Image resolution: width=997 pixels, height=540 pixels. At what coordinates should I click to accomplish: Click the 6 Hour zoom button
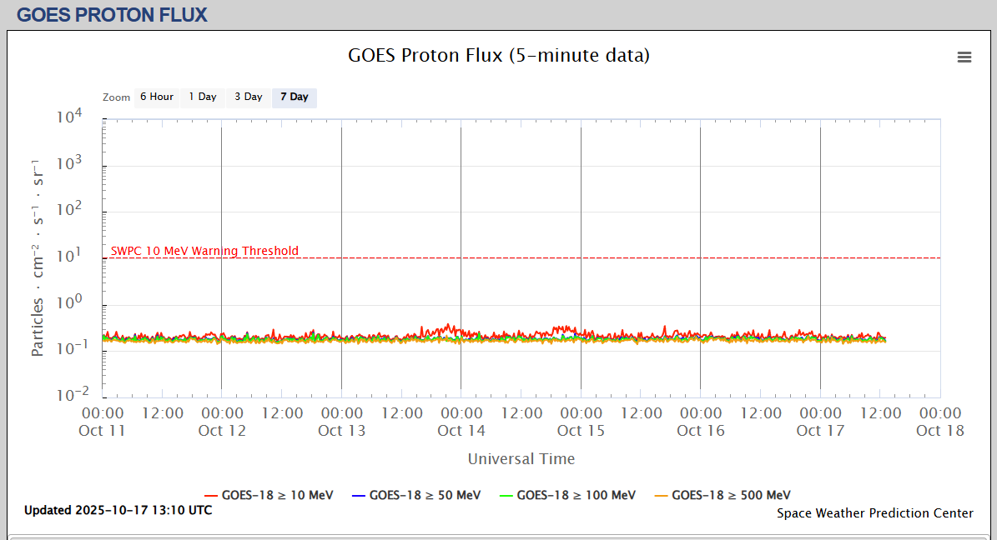click(x=156, y=97)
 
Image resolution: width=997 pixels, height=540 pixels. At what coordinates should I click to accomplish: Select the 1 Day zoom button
click(x=202, y=97)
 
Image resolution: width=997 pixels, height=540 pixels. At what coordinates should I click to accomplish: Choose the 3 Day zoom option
click(x=248, y=97)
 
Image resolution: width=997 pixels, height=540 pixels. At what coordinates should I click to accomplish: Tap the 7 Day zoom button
click(x=294, y=97)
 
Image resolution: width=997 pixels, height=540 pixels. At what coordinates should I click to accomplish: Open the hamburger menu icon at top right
click(x=964, y=57)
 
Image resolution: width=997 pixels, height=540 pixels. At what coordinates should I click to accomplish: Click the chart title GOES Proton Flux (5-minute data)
click(x=498, y=56)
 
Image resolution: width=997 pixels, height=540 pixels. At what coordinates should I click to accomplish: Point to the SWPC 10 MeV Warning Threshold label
click(x=204, y=251)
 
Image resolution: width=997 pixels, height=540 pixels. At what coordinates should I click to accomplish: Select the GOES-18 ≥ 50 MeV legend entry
click(x=416, y=495)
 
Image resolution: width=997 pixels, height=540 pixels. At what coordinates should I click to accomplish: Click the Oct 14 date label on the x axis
click(x=461, y=430)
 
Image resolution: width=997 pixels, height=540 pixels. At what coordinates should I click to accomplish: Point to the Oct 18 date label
click(x=939, y=430)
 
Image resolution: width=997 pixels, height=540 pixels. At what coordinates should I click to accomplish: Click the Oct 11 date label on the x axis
click(x=103, y=430)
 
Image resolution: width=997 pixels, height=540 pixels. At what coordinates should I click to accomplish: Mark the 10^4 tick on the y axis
click(x=69, y=117)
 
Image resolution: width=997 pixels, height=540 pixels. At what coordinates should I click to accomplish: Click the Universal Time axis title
click(x=521, y=458)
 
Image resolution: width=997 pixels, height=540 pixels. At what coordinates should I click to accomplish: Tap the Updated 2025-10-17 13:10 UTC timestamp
click(x=118, y=510)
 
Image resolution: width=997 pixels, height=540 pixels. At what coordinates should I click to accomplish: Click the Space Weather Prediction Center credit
click(x=874, y=513)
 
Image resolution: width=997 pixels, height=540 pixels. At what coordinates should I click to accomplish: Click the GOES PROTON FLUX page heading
click(x=112, y=15)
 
